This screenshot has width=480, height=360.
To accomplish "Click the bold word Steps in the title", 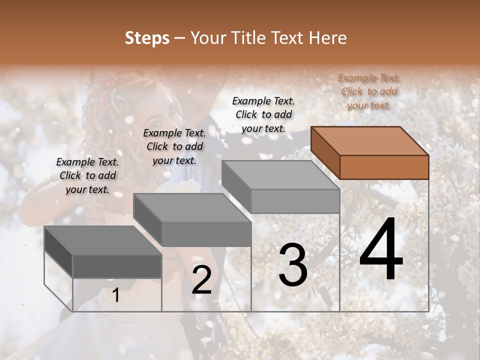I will click(147, 38).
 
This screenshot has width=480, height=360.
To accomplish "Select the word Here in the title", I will click(328, 38).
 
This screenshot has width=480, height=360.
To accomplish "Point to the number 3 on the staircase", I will click(293, 265).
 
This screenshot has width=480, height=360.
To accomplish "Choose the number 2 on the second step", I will click(201, 280).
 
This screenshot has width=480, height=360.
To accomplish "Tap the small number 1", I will click(116, 295).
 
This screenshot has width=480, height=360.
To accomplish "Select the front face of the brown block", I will click(384, 167).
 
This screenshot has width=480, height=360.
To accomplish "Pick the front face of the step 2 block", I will click(206, 234).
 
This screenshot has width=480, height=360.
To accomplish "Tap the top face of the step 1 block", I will click(103, 240).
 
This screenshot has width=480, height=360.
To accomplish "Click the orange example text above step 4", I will click(369, 91).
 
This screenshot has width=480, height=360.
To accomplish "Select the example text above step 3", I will click(263, 114).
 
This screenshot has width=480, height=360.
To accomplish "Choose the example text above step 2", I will click(174, 146).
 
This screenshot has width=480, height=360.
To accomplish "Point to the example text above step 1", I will click(87, 175).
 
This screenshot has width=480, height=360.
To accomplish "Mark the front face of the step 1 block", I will click(117, 266).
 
